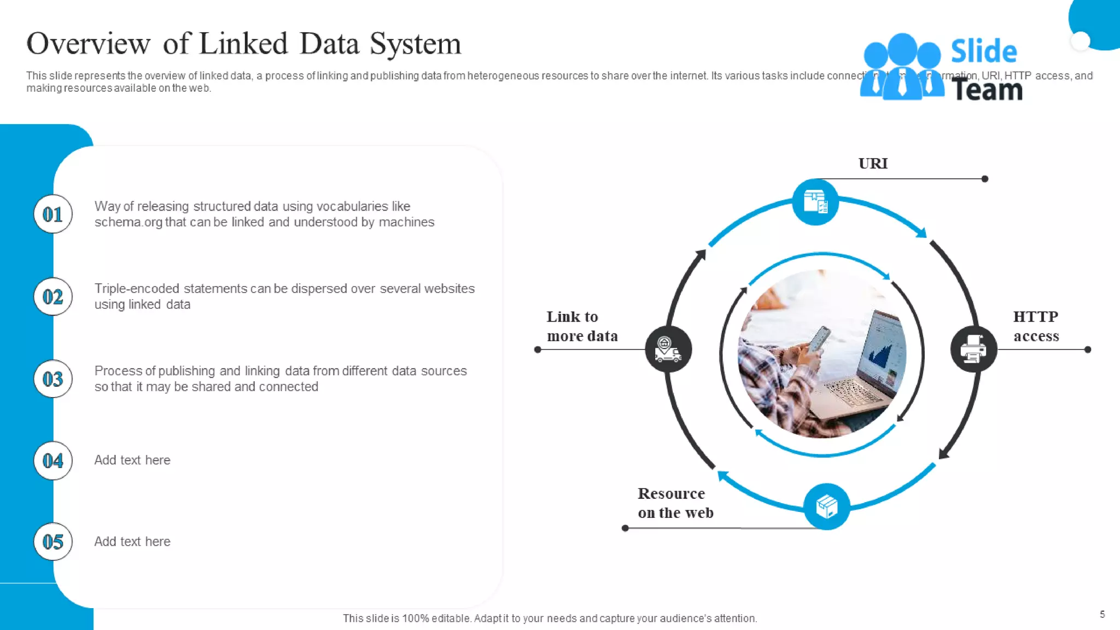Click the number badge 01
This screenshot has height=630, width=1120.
53,214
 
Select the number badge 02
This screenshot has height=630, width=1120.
53,296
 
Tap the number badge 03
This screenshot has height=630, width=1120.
53,378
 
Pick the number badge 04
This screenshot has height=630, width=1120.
53,460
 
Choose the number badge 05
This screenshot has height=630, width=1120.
53,541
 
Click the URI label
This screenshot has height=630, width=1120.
873,164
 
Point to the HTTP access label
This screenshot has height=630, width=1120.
1036,326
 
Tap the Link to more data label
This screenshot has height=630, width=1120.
582,326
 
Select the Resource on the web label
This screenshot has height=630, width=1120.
675,503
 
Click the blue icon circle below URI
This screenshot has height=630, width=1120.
815,202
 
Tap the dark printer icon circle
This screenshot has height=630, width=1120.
973,349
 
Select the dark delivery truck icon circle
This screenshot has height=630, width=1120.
668,349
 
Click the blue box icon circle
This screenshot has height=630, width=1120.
826,506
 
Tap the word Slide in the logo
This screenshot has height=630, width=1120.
983,52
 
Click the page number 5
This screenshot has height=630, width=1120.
1102,614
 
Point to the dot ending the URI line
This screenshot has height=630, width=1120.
985,179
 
